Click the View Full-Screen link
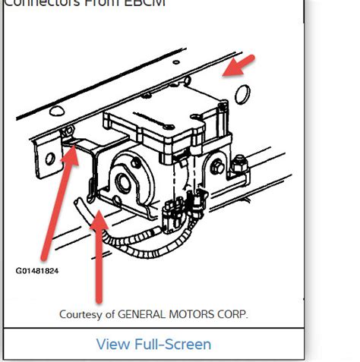click(x=153, y=344)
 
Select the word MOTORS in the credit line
click(x=191, y=313)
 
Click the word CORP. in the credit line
click(x=232, y=313)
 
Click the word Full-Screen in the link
click(x=172, y=344)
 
